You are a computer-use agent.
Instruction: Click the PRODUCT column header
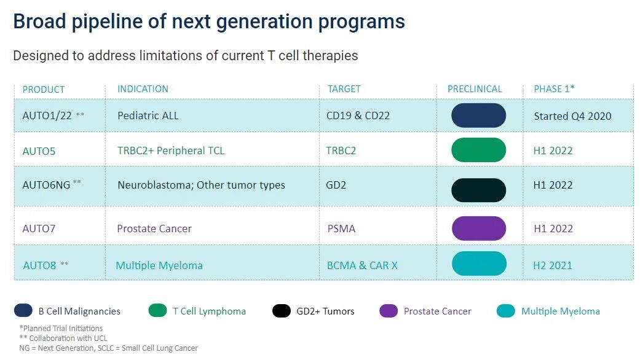coord(44,89)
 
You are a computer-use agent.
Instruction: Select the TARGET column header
coord(344,89)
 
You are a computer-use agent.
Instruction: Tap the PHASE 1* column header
coord(554,89)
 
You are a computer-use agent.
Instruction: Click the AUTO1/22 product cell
coord(47,115)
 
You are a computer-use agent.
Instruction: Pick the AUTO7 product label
coord(39,229)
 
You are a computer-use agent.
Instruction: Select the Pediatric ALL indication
coord(148,115)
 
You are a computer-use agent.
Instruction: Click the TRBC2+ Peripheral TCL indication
coord(171,151)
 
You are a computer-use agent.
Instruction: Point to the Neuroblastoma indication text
coord(154,185)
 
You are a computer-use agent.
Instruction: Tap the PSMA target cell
coord(341,229)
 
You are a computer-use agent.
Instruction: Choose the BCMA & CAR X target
coord(362,265)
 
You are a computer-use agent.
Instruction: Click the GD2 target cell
coord(336,185)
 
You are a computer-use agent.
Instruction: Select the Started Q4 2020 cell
coord(572,115)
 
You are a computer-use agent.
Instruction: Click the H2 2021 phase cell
coord(553,265)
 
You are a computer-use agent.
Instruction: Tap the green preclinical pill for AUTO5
coord(478,151)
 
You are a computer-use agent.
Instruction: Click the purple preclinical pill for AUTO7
coord(478,228)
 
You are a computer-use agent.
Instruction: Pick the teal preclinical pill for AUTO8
coord(479,264)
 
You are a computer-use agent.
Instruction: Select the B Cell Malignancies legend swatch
coord(23,311)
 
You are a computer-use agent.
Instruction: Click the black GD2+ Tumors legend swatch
coord(282,311)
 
